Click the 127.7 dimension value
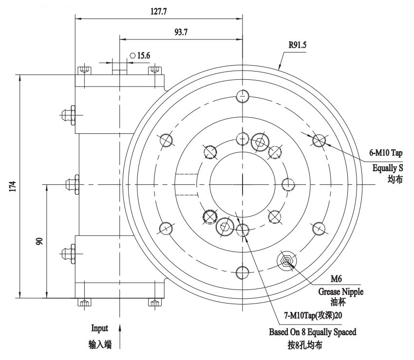(x=158, y=11)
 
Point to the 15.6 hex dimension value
(x=143, y=56)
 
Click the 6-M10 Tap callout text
(x=386, y=153)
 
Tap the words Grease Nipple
(x=340, y=292)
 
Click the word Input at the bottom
(x=99, y=328)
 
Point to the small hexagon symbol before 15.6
(x=132, y=56)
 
